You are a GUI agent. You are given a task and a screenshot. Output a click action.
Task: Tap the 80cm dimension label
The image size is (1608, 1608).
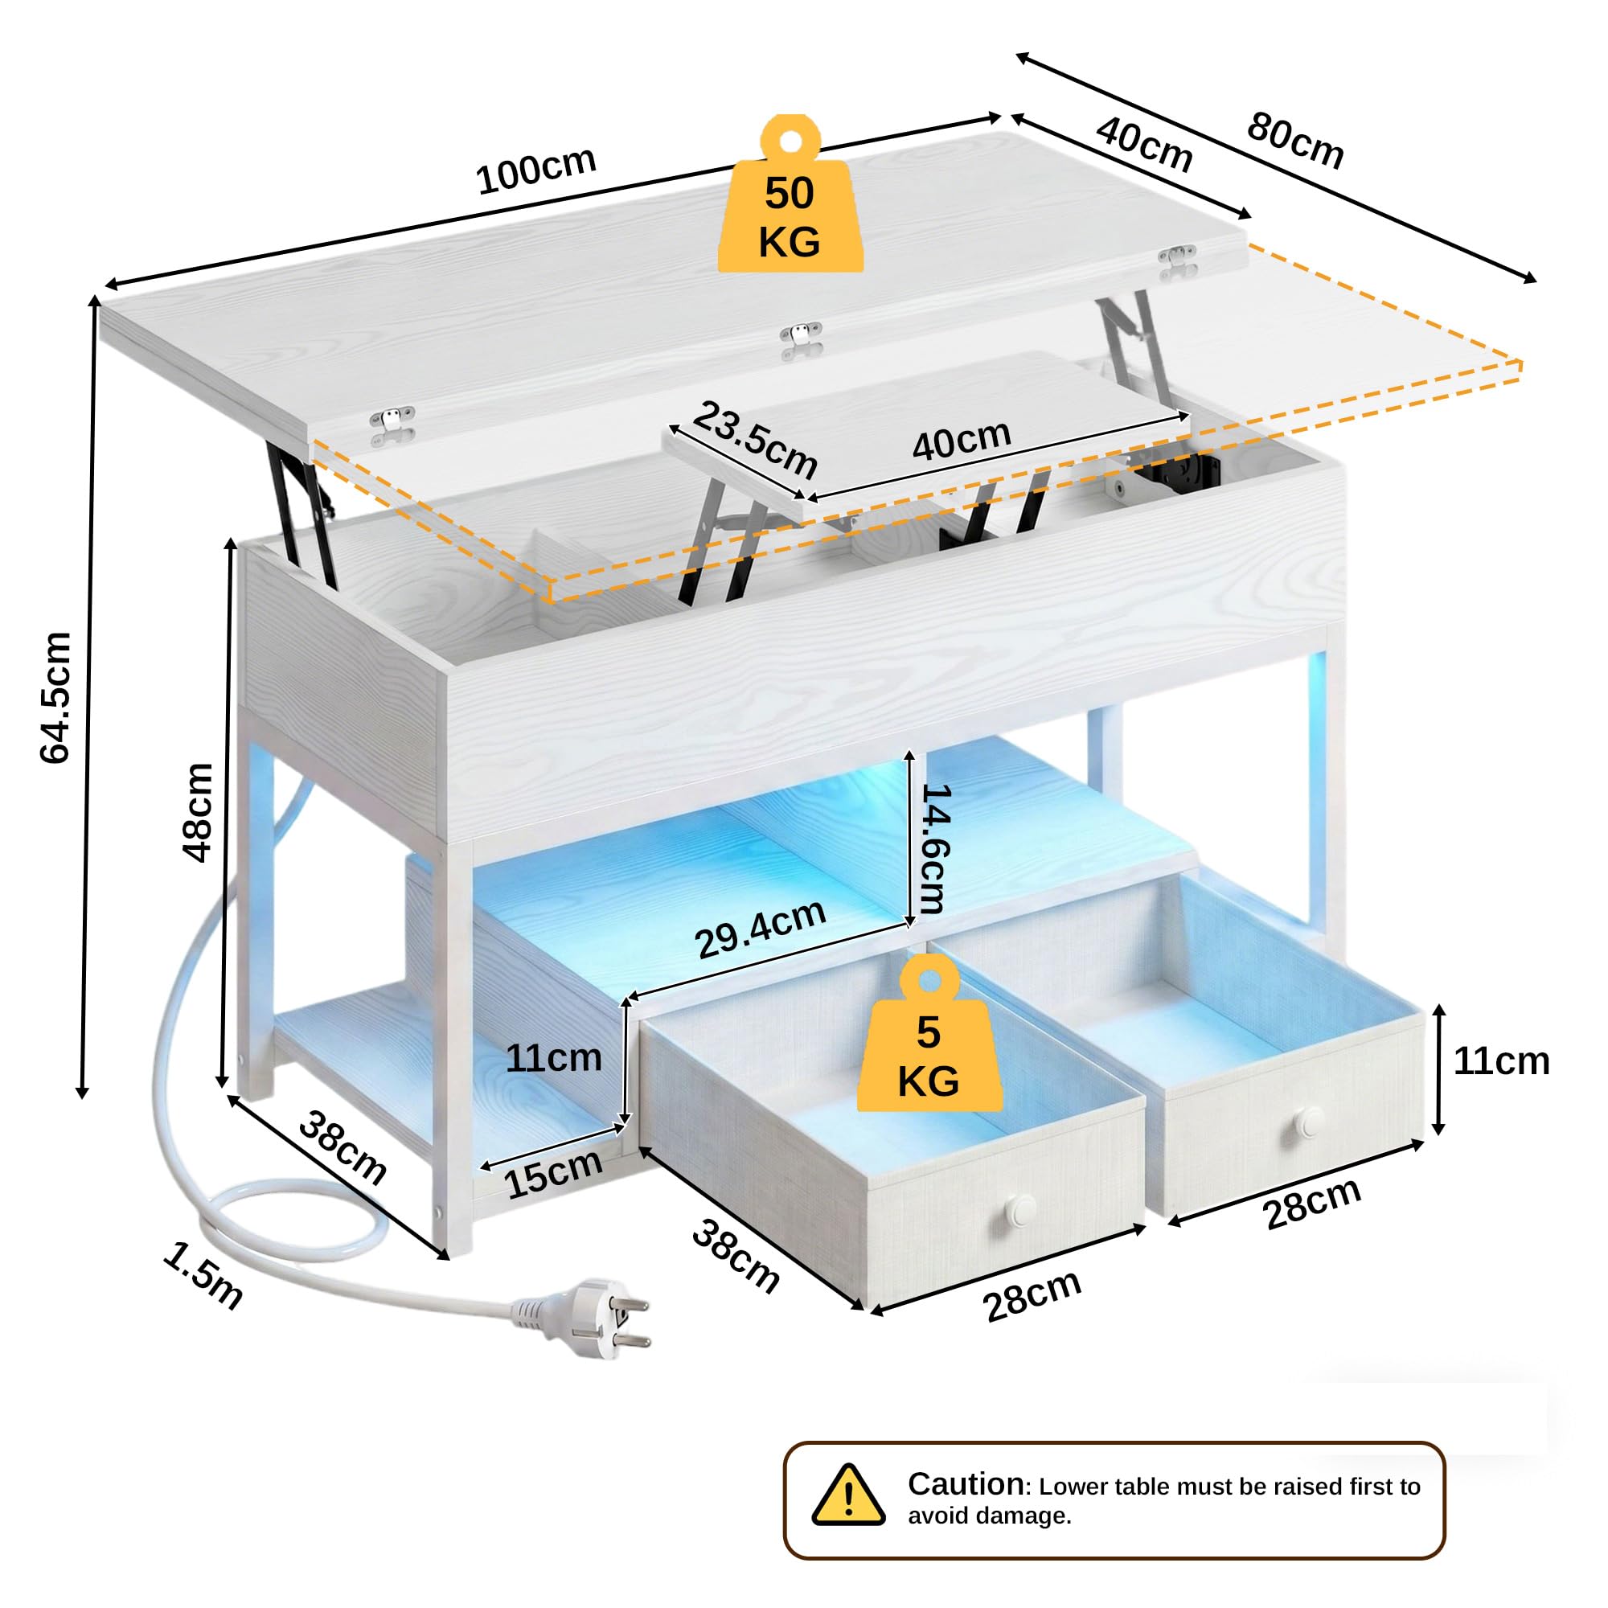(x=1295, y=142)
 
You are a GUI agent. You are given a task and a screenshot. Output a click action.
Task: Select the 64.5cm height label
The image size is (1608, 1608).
(x=55, y=697)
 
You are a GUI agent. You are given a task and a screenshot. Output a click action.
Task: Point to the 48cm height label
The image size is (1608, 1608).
(x=198, y=812)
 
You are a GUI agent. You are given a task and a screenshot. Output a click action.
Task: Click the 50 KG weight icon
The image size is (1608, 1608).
(x=790, y=193)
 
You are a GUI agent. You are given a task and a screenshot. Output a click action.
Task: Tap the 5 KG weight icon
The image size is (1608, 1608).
(x=929, y=1033)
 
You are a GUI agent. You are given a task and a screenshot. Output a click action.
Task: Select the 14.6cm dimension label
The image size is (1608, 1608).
(x=930, y=848)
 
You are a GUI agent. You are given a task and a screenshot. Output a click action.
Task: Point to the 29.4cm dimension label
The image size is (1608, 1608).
(x=761, y=929)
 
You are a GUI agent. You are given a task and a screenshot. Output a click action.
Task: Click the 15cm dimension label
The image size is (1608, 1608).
(x=552, y=1175)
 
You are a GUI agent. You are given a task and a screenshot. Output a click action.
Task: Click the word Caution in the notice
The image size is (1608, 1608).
(x=966, y=1484)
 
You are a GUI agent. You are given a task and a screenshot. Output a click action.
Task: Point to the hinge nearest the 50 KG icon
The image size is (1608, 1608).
(x=801, y=340)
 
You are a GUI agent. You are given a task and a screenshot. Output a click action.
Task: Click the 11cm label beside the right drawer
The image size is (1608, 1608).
(x=1501, y=1061)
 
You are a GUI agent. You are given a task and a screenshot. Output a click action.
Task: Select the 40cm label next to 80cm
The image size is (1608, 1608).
(x=1144, y=143)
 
